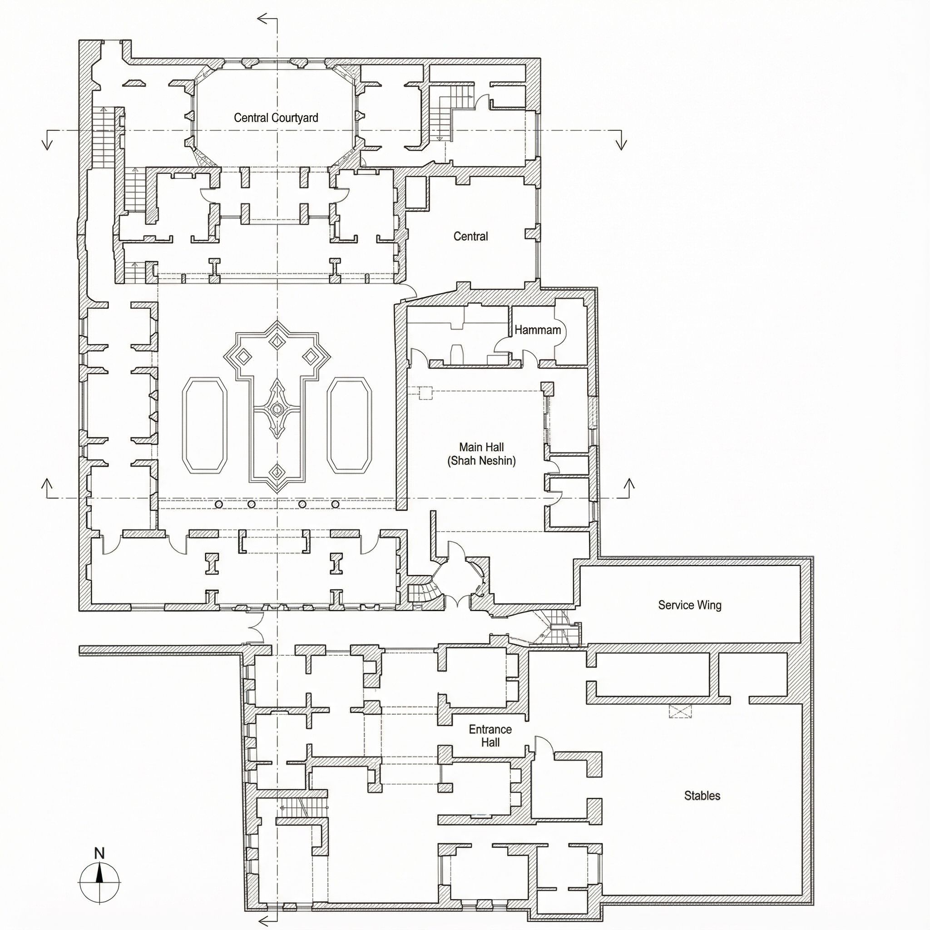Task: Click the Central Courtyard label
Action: pyautogui.click(x=276, y=118)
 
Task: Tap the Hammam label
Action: pyautogui.click(x=538, y=330)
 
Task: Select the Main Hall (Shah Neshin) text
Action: pyautogui.click(x=481, y=454)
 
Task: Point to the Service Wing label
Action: pyautogui.click(x=690, y=605)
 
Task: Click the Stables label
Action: pyautogui.click(x=702, y=796)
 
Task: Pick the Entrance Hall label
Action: pyautogui.click(x=490, y=736)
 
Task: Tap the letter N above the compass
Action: pyautogui.click(x=99, y=853)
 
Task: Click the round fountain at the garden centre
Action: pyautogui.click(x=277, y=409)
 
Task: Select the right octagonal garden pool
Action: pyautogui.click(x=350, y=425)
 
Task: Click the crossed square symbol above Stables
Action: pyautogui.click(x=680, y=712)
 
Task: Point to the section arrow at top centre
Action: pyautogui.click(x=267, y=19)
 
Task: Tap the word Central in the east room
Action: pyautogui.click(x=471, y=236)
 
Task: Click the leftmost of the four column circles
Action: pyautogui.click(x=218, y=504)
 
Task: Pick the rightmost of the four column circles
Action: pyautogui.click(x=336, y=504)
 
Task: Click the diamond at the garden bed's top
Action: pyautogui.click(x=277, y=341)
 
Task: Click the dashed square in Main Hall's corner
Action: pyautogui.click(x=425, y=393)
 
